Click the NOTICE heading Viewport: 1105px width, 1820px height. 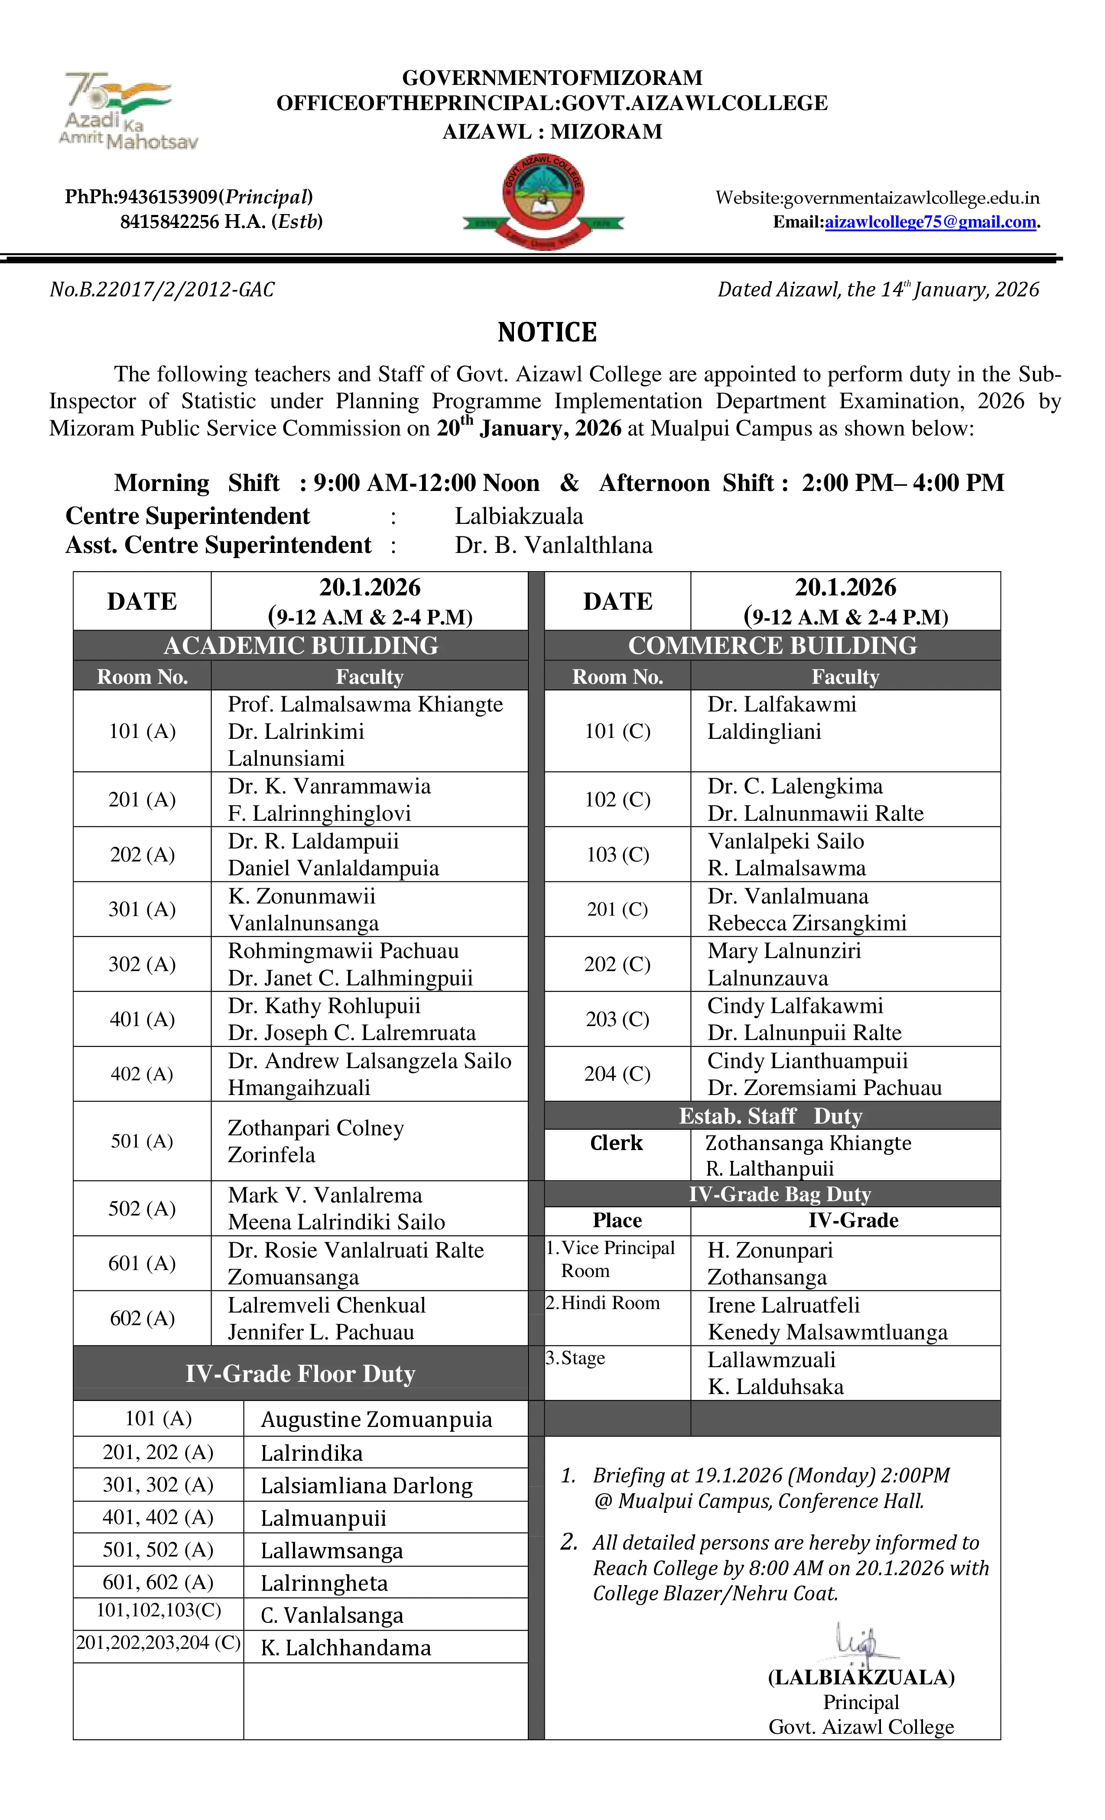coord(546,332)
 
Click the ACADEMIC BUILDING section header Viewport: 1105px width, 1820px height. coord(301,646)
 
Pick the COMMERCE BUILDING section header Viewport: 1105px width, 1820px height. coord(772,646)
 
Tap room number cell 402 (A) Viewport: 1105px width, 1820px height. coord(142,1074)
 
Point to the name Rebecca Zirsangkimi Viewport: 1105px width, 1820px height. coord(806,923)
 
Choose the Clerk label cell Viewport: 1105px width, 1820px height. coord(616,1144)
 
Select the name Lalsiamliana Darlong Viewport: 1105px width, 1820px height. coord(366,1486)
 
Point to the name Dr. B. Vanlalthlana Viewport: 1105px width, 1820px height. coord(553,545)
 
